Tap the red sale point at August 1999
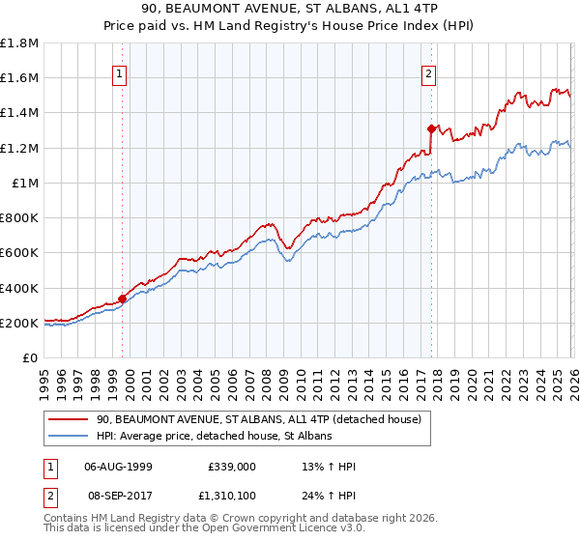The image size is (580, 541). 123,299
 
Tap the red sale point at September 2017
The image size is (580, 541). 431,128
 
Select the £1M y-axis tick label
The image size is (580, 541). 25,183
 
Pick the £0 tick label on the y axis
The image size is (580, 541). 31,357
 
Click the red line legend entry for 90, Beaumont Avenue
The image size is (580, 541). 258,420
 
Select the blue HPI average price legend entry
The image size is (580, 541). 214,437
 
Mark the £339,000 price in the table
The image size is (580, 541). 231,467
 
